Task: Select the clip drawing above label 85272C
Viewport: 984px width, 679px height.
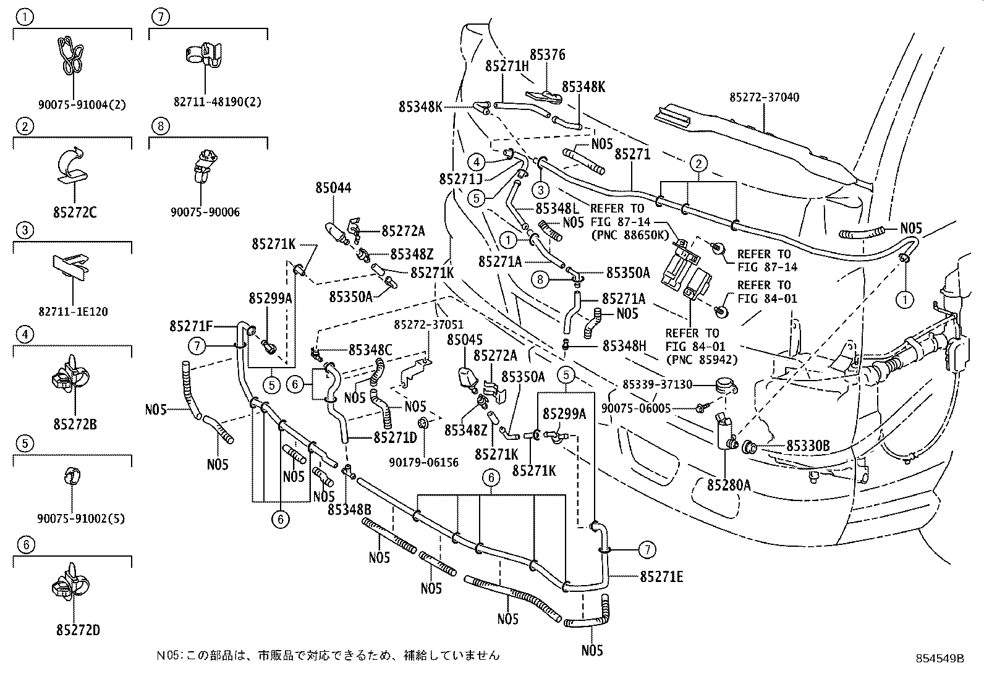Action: point(72,167)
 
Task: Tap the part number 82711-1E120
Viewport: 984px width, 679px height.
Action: point(72,312)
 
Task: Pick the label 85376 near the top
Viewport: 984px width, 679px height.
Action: point(547,55)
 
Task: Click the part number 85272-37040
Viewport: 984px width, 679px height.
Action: point(764,97)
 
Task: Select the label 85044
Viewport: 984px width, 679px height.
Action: point(333,187)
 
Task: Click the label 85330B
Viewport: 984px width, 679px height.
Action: point(808,445)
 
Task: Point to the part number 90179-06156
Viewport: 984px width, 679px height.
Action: point(424,462)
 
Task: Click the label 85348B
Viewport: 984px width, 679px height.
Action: point(349,509)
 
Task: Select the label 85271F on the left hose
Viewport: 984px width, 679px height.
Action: point(191,325)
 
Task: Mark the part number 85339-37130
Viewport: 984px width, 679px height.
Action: point(657,384)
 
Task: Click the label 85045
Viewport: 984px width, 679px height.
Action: point(465,340)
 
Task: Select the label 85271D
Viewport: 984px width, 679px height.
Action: point(396,437)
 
